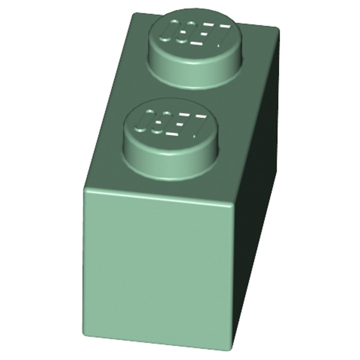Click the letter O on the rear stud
pos(167,32)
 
